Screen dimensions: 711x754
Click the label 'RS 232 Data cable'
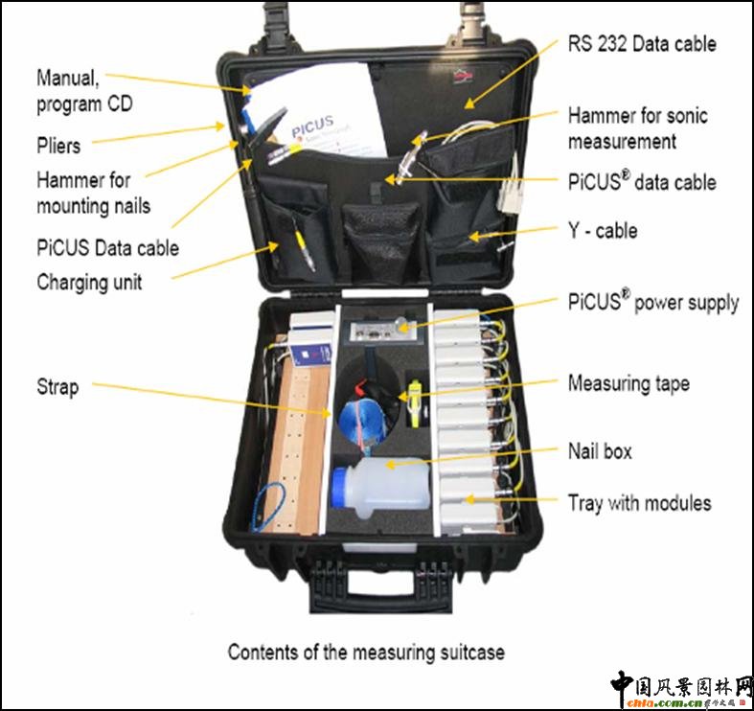641,43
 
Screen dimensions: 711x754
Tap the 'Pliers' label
58,147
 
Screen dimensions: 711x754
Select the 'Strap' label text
57,387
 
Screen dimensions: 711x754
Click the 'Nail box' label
600,450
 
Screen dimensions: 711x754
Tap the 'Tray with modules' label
639,502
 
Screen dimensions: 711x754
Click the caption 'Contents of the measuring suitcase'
366,652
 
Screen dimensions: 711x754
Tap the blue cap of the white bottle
338,488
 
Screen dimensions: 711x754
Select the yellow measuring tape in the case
413,402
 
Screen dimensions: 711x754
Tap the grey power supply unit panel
379,332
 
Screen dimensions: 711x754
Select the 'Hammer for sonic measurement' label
637,127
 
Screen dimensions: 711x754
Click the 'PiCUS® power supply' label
652,303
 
